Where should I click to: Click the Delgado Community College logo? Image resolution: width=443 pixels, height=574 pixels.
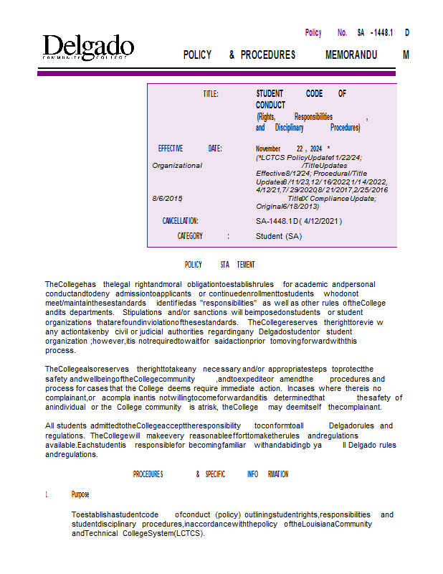[x=87, y=47]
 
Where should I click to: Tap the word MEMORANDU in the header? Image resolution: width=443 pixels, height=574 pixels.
[x=351, y=55]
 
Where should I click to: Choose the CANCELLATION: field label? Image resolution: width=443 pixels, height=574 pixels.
[x=180, y=221]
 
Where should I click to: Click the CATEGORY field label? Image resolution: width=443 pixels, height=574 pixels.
[x=190, y=236]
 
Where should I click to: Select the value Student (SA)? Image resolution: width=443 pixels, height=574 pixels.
[x=279, y=236]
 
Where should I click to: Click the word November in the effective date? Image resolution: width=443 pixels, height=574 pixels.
[x=268, y=149]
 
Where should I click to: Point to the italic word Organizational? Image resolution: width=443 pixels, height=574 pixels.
[x=177, y=166]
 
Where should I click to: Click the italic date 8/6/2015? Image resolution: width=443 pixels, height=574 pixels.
[x=168, y=198]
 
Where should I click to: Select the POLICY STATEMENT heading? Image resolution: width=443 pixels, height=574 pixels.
[x=219, y=265]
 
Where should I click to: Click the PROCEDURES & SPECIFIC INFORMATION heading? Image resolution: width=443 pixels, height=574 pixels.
[x=211, y=474]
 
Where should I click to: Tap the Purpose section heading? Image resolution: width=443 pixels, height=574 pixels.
[x=80, y=494]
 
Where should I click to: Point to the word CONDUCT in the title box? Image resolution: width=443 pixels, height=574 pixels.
[x=270, y=105]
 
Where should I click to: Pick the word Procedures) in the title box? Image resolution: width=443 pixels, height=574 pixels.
[x=345, y=128]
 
